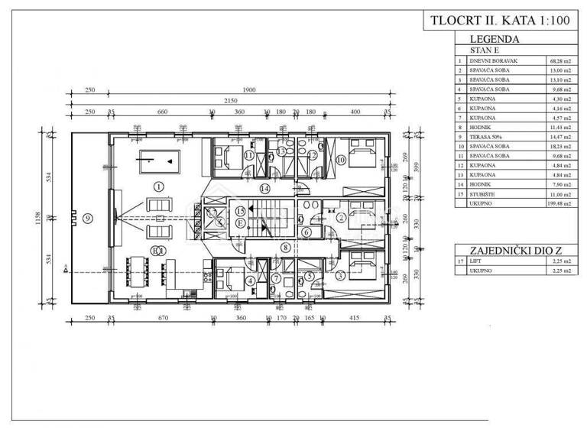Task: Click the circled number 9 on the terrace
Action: point(88,218)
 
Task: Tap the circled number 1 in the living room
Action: point(157,186)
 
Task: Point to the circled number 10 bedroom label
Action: point(339,159)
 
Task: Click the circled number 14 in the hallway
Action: point(264,187)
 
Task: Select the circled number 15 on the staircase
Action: point(240,210)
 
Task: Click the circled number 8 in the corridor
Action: point(284,247)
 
